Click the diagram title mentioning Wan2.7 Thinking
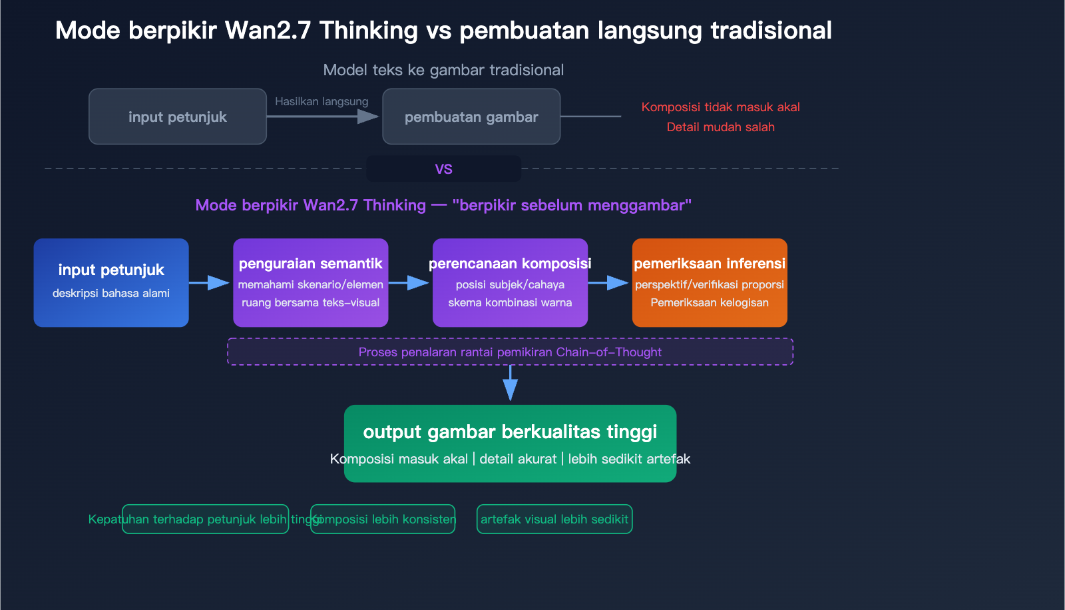coord(443,31)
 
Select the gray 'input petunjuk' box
coord(178,117)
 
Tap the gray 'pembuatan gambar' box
coord(471,117)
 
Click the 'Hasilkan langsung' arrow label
coord(321,101)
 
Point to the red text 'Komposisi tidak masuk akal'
coord(720,107)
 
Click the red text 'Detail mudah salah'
coord(720,127)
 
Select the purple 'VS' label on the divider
coord(443,169)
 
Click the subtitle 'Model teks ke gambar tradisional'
coord(443,70)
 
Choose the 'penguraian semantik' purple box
coord(310,282)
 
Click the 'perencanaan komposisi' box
coord(510,282)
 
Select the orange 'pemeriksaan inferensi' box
coord(710,282)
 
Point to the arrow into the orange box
coord(609,283)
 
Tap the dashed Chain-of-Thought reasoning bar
coord(510,352)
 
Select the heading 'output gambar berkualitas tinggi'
coord(510,432)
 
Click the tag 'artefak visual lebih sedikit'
coord(554,519)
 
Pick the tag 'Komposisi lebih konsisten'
coord(383,519)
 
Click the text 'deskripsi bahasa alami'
coord(111,293)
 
